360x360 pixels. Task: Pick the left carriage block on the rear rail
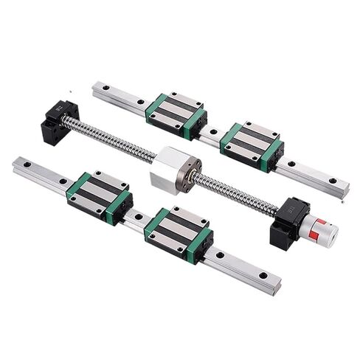178,111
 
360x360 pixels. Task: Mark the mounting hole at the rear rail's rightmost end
335,180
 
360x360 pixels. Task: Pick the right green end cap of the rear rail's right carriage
274,150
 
